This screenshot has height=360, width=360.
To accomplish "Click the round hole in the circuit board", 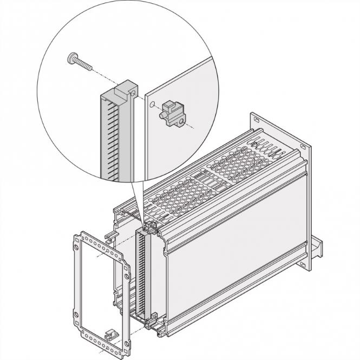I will [x=153, y=103].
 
